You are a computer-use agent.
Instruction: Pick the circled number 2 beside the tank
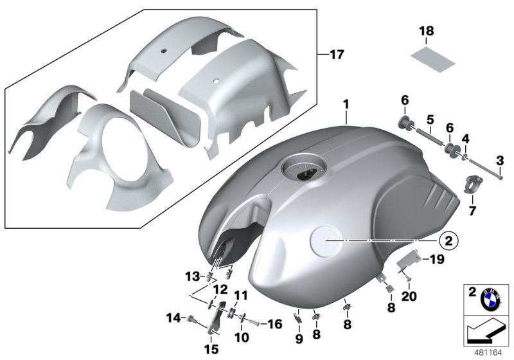[x=447, y=240]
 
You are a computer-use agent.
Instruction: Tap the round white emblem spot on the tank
[x=328, y=240]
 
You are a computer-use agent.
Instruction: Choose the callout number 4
[x=465, y=138]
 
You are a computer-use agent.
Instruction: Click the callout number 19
[x=436, y=260]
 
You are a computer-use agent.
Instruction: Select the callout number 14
[x=171, y=317]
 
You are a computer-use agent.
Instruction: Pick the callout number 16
[x=274, y=325]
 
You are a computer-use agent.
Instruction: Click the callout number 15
[x=212, y=349]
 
